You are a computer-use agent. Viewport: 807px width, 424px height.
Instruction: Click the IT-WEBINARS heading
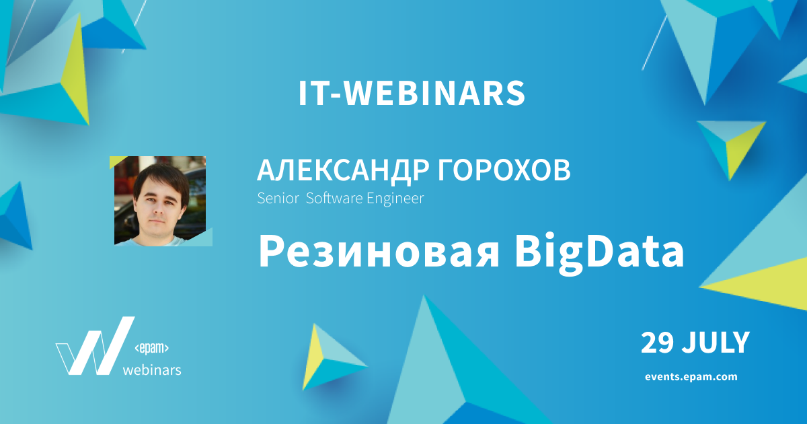412,94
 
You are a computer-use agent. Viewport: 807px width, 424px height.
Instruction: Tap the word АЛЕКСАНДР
342,170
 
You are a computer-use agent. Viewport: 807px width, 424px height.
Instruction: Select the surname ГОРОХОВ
504,170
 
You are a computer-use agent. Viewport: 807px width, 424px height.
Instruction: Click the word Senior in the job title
278,199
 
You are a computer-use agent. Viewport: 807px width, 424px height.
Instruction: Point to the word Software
334,199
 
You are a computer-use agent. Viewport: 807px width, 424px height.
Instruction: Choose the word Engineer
395,199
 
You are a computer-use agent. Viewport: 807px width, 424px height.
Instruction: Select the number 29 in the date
657,343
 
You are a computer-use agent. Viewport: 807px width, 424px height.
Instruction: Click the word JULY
716,343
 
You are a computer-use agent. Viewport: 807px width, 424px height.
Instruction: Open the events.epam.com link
691,377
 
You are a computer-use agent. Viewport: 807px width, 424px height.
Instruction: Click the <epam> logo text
152,349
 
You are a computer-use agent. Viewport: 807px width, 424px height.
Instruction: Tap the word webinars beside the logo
152,370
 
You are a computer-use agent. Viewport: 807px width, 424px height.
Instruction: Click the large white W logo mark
94,345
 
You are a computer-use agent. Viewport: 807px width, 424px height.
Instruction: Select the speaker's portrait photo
160,201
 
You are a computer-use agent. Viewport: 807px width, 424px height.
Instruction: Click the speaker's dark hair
160,178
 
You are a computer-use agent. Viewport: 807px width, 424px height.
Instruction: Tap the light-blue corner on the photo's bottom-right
204,239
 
